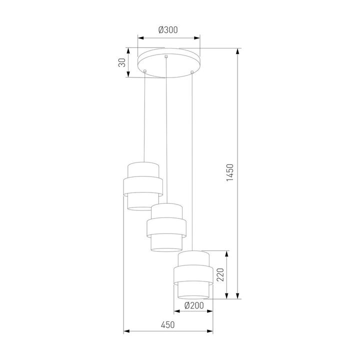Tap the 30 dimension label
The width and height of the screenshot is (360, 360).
pyautogui.click(x=121, y=62)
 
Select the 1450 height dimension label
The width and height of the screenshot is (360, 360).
pyautogui.click(x=229, y=173)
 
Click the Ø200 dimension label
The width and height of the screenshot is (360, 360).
pyautogui.click(x=193, y=305)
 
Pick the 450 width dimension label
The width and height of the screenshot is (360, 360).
pyautogui.click(x=168, y=325)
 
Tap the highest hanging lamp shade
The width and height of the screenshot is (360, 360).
pyautogui.click(x=142, y=185)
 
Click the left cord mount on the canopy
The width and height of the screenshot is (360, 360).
pyautogui.click(x=145, y=72)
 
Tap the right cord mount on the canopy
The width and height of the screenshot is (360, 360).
pyautogui.click(x=192, y=73)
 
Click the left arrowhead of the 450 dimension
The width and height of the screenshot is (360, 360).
pyautogui.click(x=125, y=330)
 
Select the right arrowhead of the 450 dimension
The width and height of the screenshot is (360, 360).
pyautogui.click(x=211, y=330)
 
